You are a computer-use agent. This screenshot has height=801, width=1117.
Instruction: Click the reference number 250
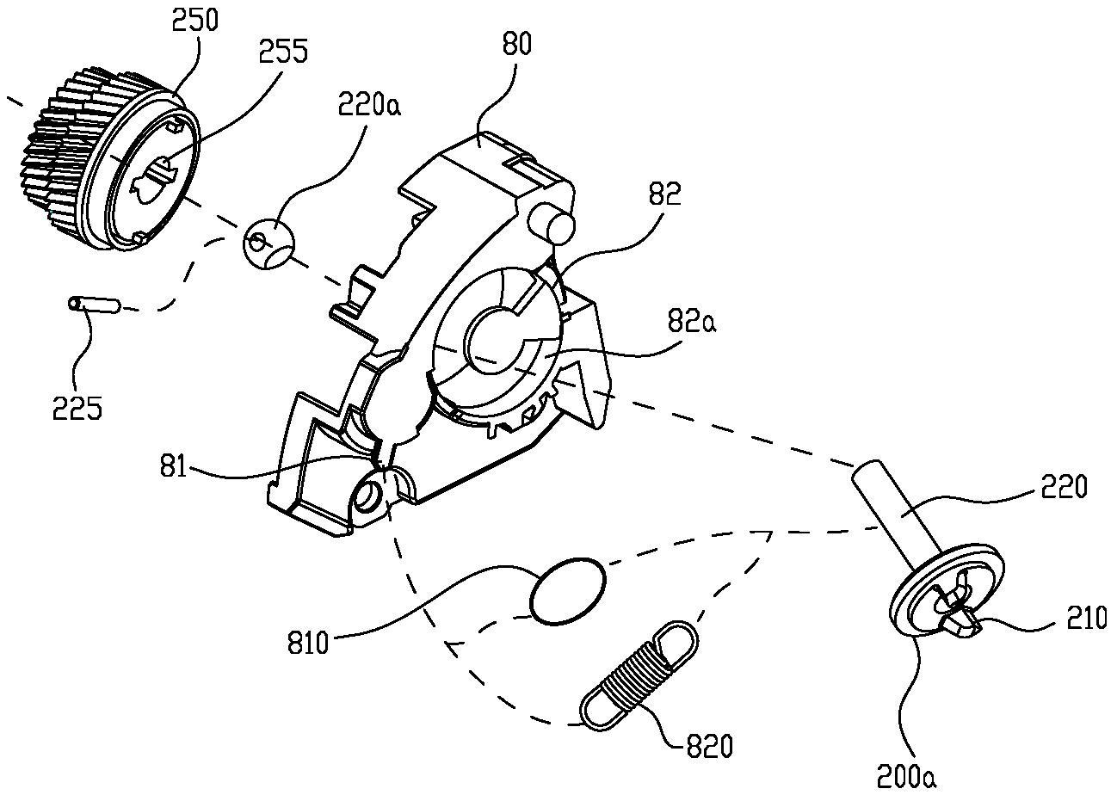pyautogui.click(x=194, y=20)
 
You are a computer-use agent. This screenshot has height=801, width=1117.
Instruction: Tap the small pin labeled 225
pyautogui.click(x=95, y=305)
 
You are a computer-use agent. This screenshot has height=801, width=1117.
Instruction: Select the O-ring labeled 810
pyautogui.click(x=567, y=591)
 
